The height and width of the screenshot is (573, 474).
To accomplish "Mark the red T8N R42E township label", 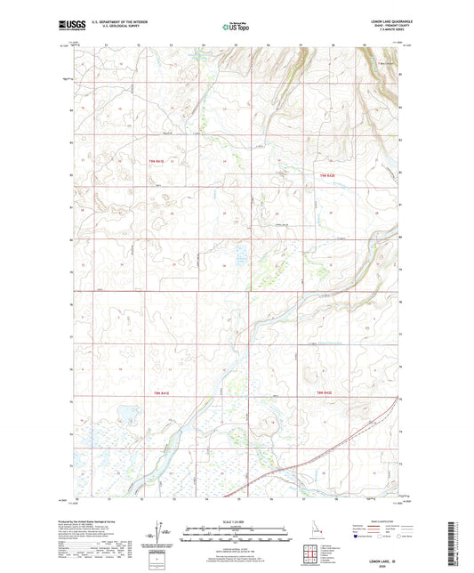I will [327, 391].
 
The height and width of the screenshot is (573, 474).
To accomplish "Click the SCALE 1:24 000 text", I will [235, 521].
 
